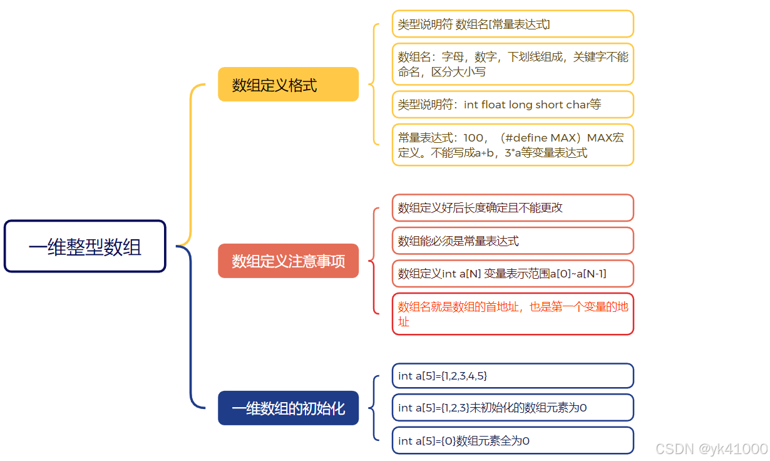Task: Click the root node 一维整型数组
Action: (x=85, y=246)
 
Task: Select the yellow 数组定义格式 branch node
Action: (x=288, y=85)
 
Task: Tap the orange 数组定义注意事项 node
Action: (x=288, y=261)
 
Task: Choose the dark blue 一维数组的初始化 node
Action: (x=288, y=408)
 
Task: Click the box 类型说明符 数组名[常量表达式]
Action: (x=513, y=24)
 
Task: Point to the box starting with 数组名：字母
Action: (x=513, y=64)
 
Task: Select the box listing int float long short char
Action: (x=513, y=105)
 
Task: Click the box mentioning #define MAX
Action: (x=513, y=145)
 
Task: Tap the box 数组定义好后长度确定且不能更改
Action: (x=513, y=207)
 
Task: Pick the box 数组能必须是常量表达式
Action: (x=513, y=241)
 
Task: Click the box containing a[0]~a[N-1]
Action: (x=513, y=274)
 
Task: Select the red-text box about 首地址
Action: (x=513, y=314)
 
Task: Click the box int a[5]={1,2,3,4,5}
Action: (x=513, y=376)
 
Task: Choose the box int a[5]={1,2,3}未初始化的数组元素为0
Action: (x=513, y=408)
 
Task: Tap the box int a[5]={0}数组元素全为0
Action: (x=513, y=440)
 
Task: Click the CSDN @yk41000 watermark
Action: (x=711, y=448)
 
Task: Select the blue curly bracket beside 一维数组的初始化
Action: (x=374, y=408)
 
